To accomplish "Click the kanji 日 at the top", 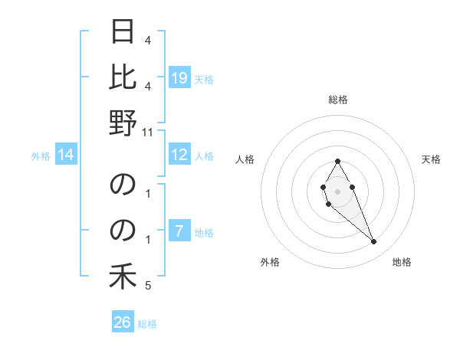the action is pyautogui.click(x=123, y=33).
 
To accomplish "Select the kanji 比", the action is pyautogui.click(x=123, y=77).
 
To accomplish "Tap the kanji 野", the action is pyautogui.click(x=123, y=123).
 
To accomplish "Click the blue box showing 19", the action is pyautogui.click(x=179, y=77).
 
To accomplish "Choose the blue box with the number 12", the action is pyautogui.click(x=179, y=155).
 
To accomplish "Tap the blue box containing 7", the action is pyautogui.click(x=179, y=232).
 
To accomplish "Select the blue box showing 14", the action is pyautogui.click(x=66, y=155).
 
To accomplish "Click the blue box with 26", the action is pyautogui.click(x=123, y=322).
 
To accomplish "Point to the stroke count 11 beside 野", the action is pyautogui.click(x=148, y=131).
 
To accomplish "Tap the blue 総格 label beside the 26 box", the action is pyautogui.click(x=147, y=324).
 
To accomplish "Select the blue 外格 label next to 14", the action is pyautogui.click(x=41, y=156).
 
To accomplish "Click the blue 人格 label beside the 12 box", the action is pyautogui.click(x=204, y=156).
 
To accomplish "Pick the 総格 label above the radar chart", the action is pyautogui.click(x=337, y=100).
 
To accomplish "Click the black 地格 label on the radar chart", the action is pyautogui.click(x=402, y=262).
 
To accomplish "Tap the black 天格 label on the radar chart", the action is pyautogui.click(x=431, y=159).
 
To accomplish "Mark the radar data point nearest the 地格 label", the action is pyautogui.click(x=373, y=242).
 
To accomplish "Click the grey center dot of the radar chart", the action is pyautogui.click(x=337, y=190).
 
